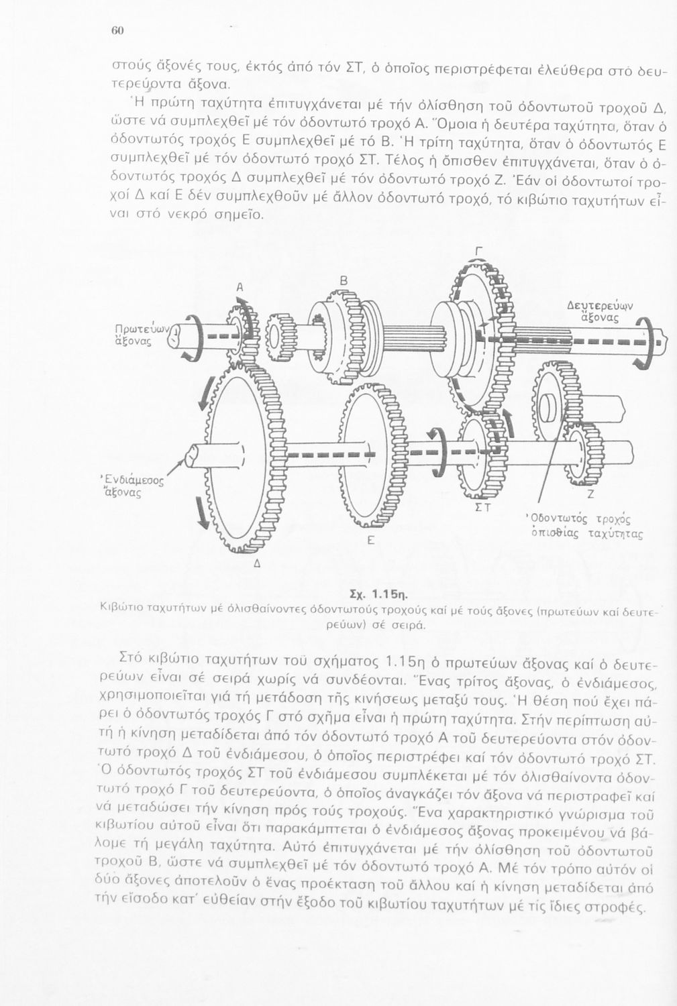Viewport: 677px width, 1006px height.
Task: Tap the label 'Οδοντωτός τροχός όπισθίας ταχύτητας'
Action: click(583, 527)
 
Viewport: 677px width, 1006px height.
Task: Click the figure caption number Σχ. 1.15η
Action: click(380, 594)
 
